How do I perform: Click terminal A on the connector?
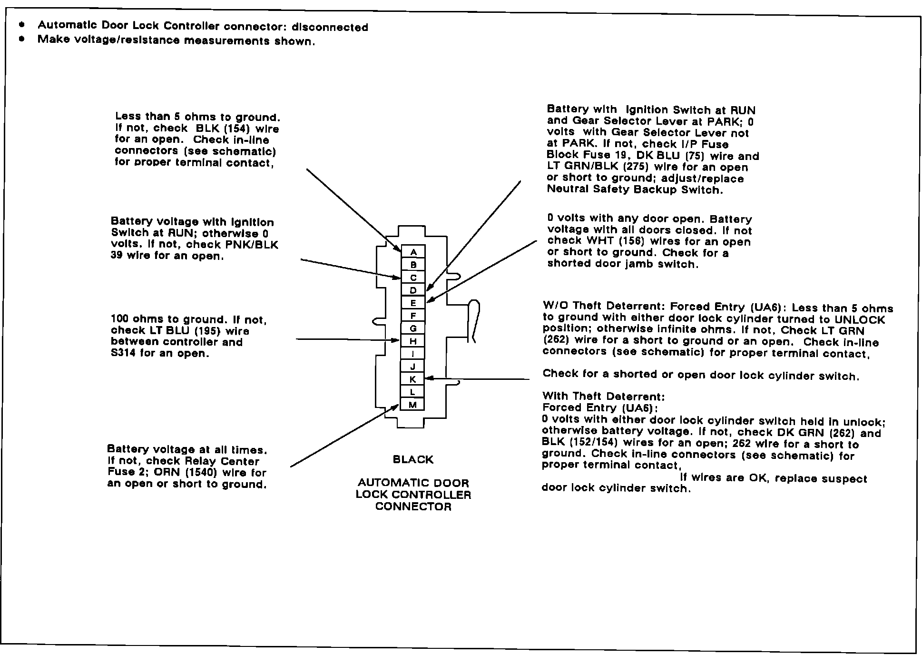click(413, 252)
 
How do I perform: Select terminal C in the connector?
click(413, 278)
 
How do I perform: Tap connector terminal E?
click(413, 303)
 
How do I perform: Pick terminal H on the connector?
click(413, 341)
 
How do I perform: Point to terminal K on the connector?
click(413, 379)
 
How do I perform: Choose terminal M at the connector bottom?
click(413, 405)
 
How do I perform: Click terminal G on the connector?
click(413, 328)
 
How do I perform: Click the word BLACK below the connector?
click(413, 460)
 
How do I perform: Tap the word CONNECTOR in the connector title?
click(413, 506)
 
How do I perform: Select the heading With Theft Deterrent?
click(604, 397)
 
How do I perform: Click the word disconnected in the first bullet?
click(330, 28)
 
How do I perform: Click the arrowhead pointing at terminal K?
click(428, 378)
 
